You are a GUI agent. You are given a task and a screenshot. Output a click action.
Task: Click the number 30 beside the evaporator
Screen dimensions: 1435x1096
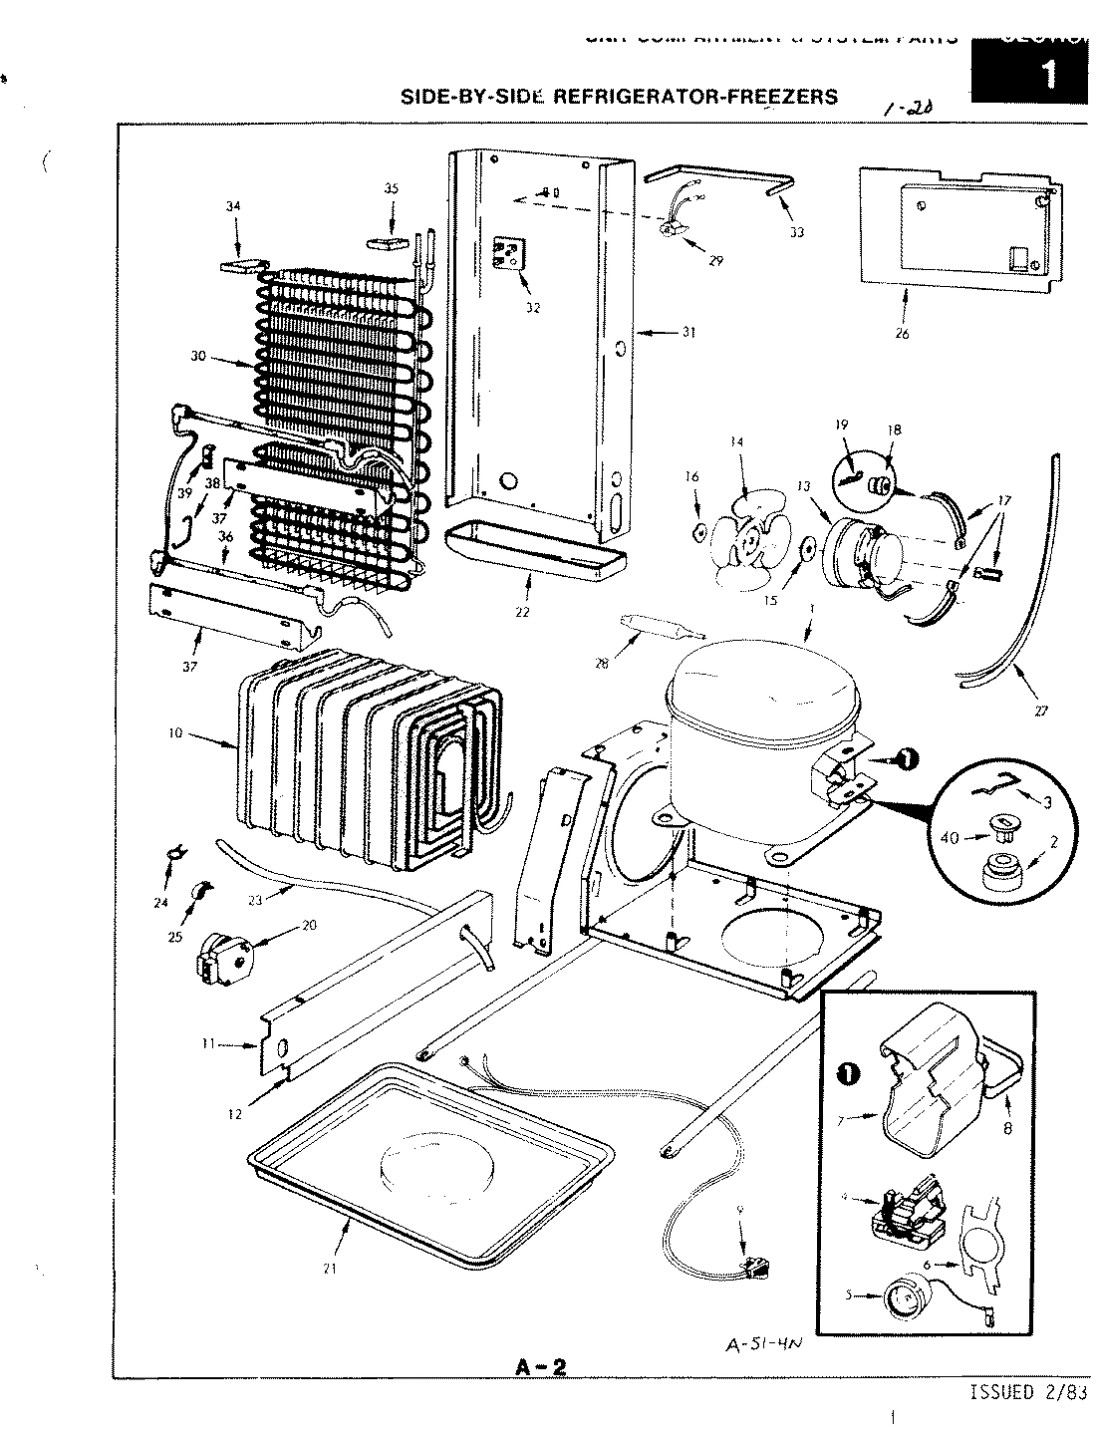pos(198,356)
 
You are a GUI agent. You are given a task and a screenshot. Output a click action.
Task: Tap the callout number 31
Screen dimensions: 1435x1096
pos(687,334)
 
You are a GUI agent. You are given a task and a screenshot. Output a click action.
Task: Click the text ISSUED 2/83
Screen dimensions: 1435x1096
pos(1027,1392)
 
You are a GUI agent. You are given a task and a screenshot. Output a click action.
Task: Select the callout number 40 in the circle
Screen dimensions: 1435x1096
pos(950,837)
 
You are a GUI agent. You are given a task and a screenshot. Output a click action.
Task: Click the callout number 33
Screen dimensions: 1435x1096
pos(797,232)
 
